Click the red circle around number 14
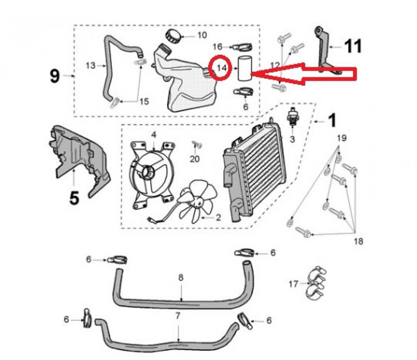(222, 68)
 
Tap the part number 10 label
(202, 35)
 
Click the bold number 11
(353, 46)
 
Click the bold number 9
(54, 76)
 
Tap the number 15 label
(144, 101)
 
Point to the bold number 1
(331, 121)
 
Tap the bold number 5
(74, 198)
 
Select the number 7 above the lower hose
(177, 316)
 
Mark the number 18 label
(358, 241)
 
